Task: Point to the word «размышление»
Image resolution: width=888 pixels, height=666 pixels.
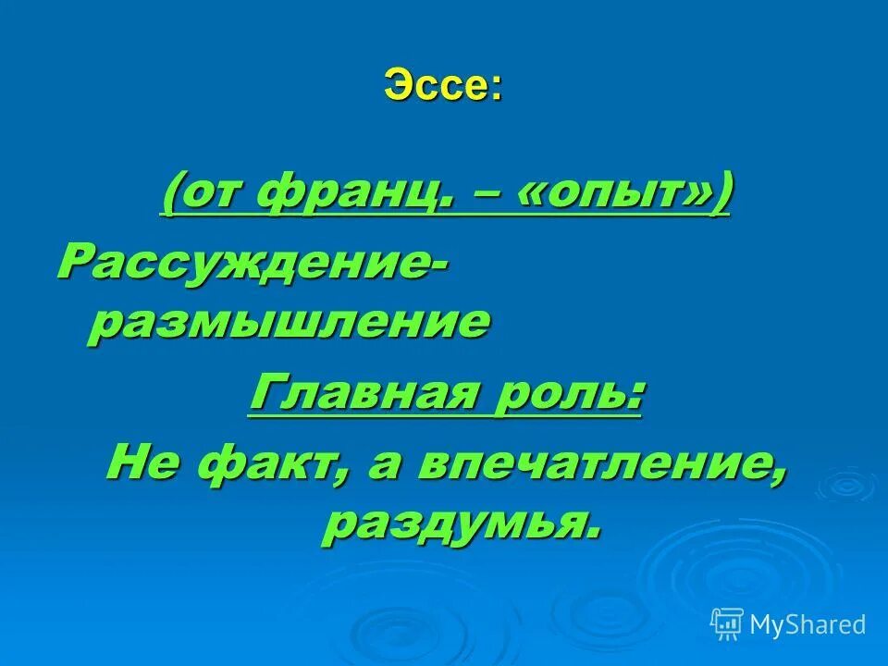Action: coord(288,323)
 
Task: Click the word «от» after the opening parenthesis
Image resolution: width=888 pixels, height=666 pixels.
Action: coord(211,194)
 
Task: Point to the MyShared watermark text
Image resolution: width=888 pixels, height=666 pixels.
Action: coord(807,624)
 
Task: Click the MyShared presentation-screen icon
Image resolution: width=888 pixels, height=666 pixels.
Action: coord(727,624)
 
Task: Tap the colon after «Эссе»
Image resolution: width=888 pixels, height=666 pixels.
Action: coord(497,88)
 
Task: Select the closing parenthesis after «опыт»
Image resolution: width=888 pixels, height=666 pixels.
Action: coord(721,194)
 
